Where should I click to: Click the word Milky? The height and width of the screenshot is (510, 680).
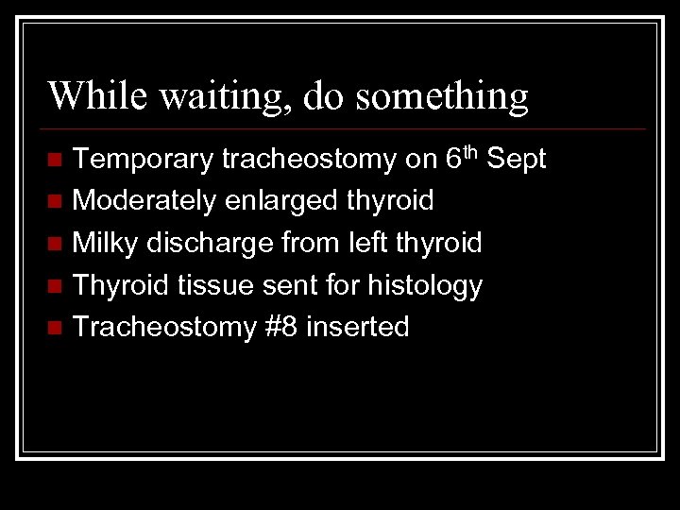(x=103, y=244)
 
